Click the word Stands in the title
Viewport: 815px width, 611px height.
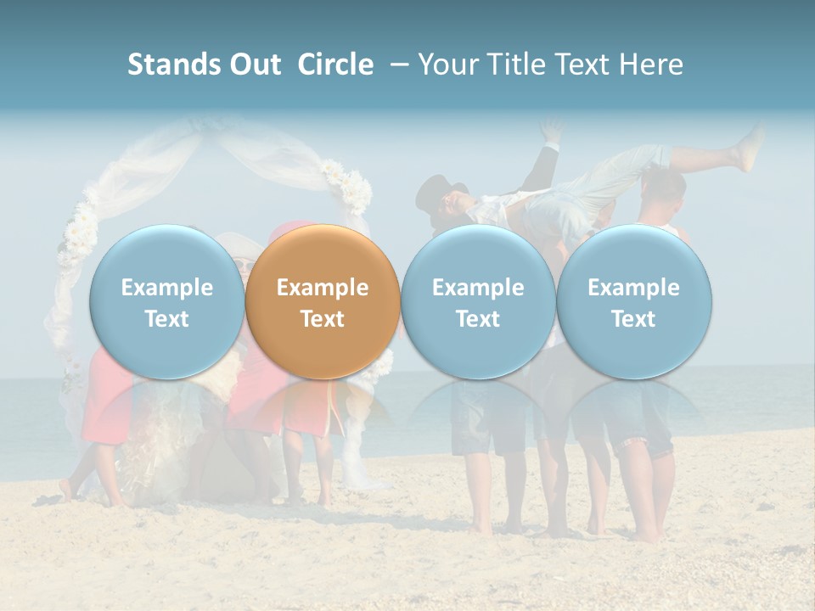click(171, 64)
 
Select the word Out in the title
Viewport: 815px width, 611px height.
click(252, 64)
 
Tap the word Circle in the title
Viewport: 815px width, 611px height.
click(335, 64)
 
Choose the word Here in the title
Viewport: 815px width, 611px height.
click(651, 64)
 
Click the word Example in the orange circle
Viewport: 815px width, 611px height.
click(323, 288)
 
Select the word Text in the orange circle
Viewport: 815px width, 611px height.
click(323, 319)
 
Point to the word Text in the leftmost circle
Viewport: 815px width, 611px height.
click(166, 319)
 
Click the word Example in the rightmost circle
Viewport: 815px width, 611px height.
click(634, 288)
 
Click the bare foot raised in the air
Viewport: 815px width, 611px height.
click(750, 149)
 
